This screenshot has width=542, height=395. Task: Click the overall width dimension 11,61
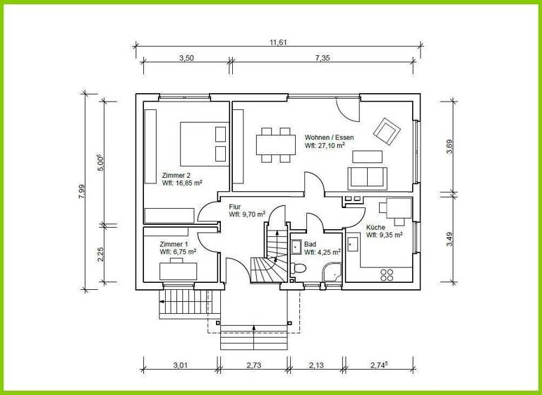[279, 42]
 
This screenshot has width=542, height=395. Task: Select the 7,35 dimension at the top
[323, 59]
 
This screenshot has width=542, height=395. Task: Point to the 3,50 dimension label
[186, 59]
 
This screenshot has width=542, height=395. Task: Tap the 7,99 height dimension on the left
[82, 191]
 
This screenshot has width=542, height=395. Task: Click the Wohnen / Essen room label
[329, 138]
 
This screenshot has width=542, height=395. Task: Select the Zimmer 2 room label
[176, 175]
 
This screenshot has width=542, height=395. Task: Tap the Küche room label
[375, 227]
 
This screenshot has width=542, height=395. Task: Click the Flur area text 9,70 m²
[247, 214]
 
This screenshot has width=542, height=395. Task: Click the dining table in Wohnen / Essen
[275, 143]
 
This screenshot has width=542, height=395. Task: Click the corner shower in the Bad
[330, 274]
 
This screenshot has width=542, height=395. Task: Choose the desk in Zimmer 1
[179, 269]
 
